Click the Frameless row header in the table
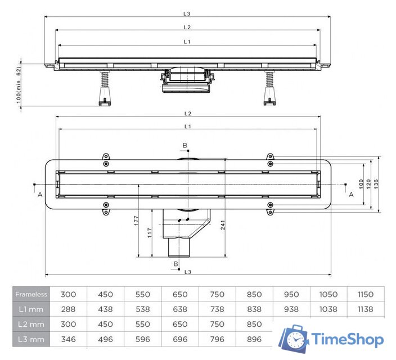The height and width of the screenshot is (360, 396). (31, 294)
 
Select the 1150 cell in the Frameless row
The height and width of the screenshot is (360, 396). (366, 294)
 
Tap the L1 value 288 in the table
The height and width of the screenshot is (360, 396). (69, 309)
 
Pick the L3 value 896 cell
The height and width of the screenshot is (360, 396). (254, 339)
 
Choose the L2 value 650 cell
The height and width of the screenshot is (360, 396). (180, 324)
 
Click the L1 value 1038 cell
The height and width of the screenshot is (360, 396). (328, 309)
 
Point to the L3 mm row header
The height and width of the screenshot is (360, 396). (31, 339)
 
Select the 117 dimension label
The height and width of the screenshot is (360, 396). (150, 233)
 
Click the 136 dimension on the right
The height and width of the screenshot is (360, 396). (376, 184)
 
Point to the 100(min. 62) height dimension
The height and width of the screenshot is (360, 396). (19, 84)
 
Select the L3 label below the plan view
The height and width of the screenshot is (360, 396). (187, 272)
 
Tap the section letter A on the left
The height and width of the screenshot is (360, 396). (39, 195)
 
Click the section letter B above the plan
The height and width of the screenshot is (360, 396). (184, 145)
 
